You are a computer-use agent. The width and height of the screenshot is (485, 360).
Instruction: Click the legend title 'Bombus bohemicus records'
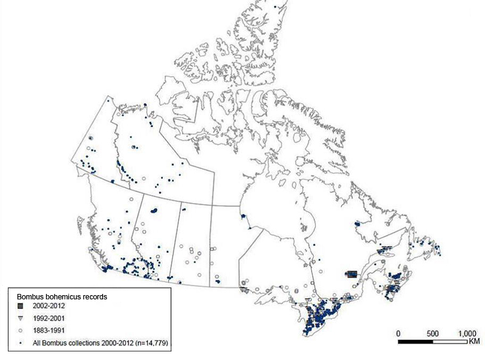61,297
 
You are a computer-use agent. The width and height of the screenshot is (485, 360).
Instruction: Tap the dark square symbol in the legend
19,307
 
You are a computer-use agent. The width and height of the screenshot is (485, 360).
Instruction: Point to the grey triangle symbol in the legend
19,318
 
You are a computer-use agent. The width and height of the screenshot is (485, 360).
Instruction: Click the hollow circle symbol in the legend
19,331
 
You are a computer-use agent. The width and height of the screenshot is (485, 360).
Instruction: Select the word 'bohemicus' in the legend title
64,297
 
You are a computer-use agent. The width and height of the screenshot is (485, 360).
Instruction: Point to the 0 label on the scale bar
398,334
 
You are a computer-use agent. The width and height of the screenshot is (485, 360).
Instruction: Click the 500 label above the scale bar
432,334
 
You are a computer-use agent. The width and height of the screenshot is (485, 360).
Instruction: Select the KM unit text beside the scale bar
473,342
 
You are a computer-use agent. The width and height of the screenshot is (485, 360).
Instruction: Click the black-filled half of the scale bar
415,342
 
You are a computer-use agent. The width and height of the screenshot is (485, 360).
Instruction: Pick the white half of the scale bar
449,342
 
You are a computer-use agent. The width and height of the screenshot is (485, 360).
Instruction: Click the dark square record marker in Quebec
350,274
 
